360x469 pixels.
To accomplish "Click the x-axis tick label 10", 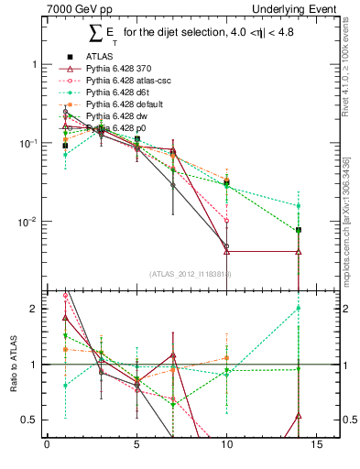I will click(x=226, y=447).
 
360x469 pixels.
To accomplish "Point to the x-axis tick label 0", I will click(x=47, y=447).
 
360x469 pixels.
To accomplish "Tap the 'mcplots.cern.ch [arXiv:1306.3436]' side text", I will click(x=352, y=202).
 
